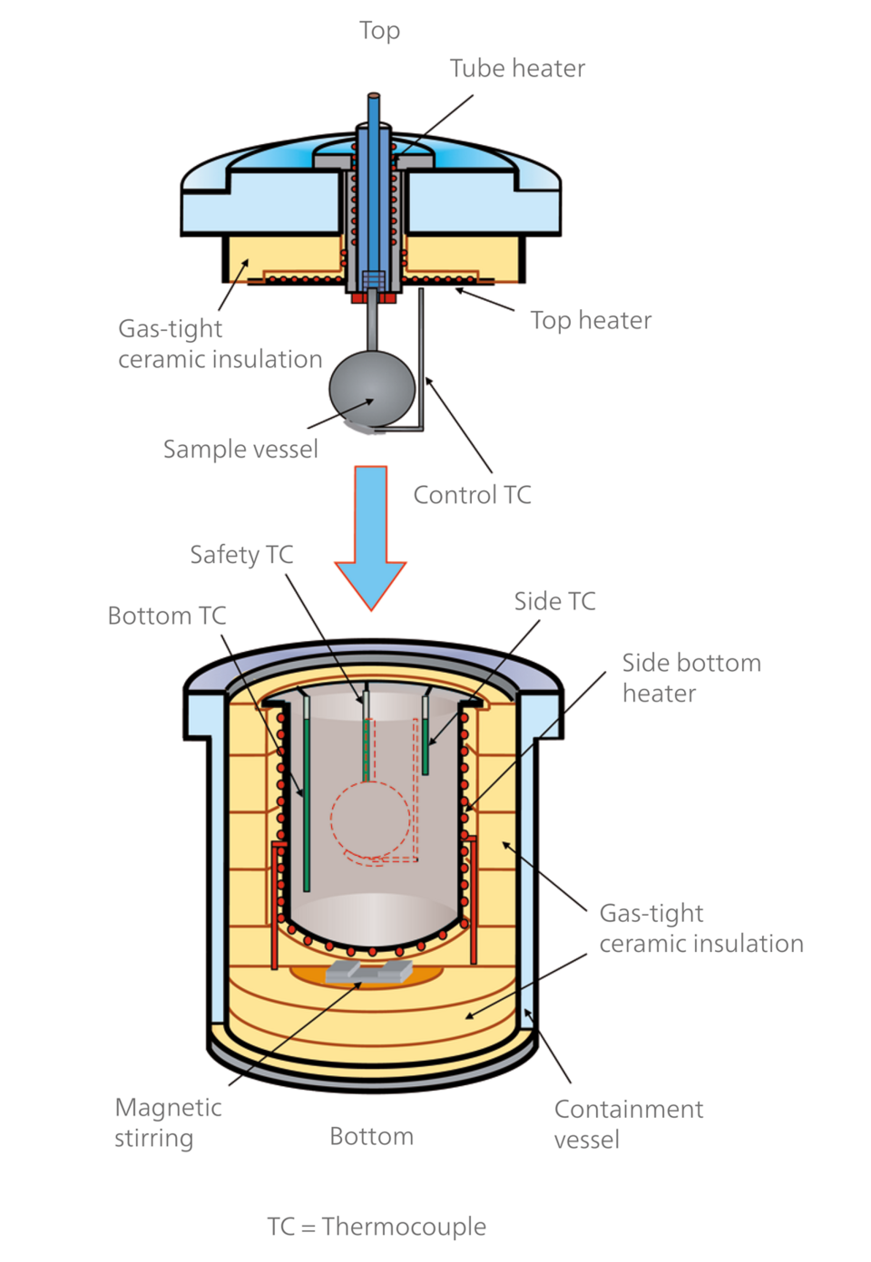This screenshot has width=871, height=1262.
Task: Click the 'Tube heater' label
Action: (517, 69)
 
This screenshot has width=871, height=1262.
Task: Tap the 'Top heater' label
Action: (591, 320)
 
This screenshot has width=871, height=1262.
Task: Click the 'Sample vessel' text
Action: (240, 449)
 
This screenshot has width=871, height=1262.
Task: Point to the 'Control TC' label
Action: (472, 495)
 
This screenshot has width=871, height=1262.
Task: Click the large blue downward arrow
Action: (370, 535)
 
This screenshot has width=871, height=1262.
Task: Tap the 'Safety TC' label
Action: (241, 554)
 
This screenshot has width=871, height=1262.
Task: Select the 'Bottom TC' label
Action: (167, 616)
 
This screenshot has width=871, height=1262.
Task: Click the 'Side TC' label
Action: (554, 601)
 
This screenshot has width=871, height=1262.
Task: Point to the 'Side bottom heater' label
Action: (690, 677)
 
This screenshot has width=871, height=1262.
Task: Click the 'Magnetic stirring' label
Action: (168, 1122)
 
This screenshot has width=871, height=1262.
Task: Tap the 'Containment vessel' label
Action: (628, 1124)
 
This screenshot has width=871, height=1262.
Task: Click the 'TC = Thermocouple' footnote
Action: (377, 1227)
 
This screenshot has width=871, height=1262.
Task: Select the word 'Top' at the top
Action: (379, 31)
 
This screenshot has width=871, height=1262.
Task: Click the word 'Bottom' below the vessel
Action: (371, 1136)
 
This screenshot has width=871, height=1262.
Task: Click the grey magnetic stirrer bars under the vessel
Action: (368, 972)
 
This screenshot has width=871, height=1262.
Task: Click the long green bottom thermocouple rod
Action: (307, 798)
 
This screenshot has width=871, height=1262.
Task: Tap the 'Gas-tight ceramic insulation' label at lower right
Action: (700, 927)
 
